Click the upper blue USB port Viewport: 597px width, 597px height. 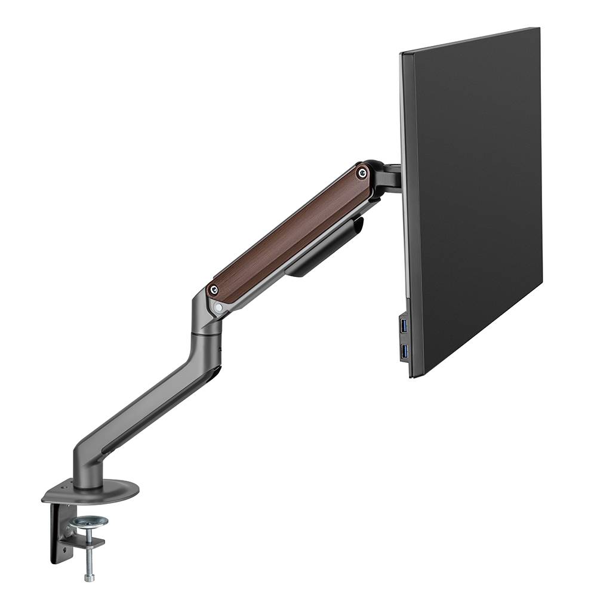pos(405,327)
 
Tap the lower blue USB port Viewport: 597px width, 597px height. pos(405,352)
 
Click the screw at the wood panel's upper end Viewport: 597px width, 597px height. pos(361,173)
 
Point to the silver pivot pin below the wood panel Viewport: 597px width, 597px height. pos(219,307)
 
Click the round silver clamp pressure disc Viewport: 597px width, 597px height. pos(88,522)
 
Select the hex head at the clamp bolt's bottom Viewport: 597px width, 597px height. pos(89,577)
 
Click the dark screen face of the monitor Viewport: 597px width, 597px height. pos(478,197)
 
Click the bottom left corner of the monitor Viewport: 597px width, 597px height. pos(411,376)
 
